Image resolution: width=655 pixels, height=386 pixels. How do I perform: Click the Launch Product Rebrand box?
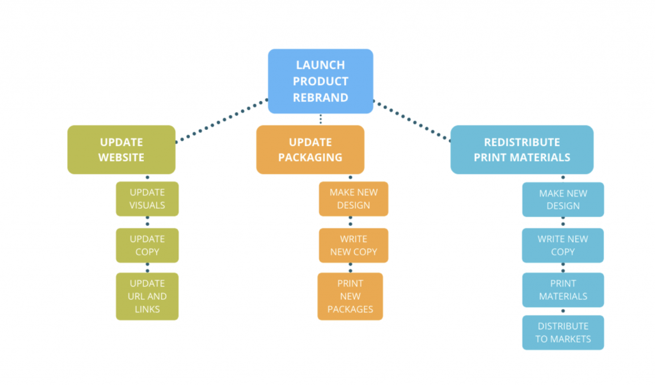click(x=320, y=81)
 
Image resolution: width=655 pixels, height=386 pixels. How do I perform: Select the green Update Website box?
click(x=121, y=150)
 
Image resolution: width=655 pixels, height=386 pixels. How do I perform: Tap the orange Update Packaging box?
click(x=310, y=150)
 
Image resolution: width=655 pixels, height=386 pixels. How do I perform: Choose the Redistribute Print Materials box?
click(x=521, y=150)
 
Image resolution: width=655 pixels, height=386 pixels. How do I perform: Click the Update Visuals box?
click(x=147, y=199)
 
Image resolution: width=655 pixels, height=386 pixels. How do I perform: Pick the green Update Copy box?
click(x=147, y=245)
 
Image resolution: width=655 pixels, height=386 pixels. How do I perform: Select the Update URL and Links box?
click(x=147, y=296)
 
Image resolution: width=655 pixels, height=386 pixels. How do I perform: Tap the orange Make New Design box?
click(x=354, y=199)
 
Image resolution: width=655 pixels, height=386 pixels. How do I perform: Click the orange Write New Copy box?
click(x=354, y=245)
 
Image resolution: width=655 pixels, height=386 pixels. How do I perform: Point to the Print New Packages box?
click(x=351, y=296)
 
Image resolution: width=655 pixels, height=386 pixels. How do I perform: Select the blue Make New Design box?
click(x=563, y=200)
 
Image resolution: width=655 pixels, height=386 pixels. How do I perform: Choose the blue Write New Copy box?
click(x=563, y=245)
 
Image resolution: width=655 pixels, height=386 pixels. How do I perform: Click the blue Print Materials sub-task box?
click(x=563, y=290)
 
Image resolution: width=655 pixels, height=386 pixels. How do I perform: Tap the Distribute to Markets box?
click(x=563, y=332)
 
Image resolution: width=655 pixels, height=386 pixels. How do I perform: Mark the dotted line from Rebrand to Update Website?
click(x=221, y=120)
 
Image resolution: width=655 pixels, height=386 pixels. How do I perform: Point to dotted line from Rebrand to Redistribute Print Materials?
click(x=412, y=120)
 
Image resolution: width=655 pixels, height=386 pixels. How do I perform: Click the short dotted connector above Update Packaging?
click(x=320, y=120)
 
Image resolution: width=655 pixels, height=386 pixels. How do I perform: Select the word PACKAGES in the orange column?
click(x=351, y=309)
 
